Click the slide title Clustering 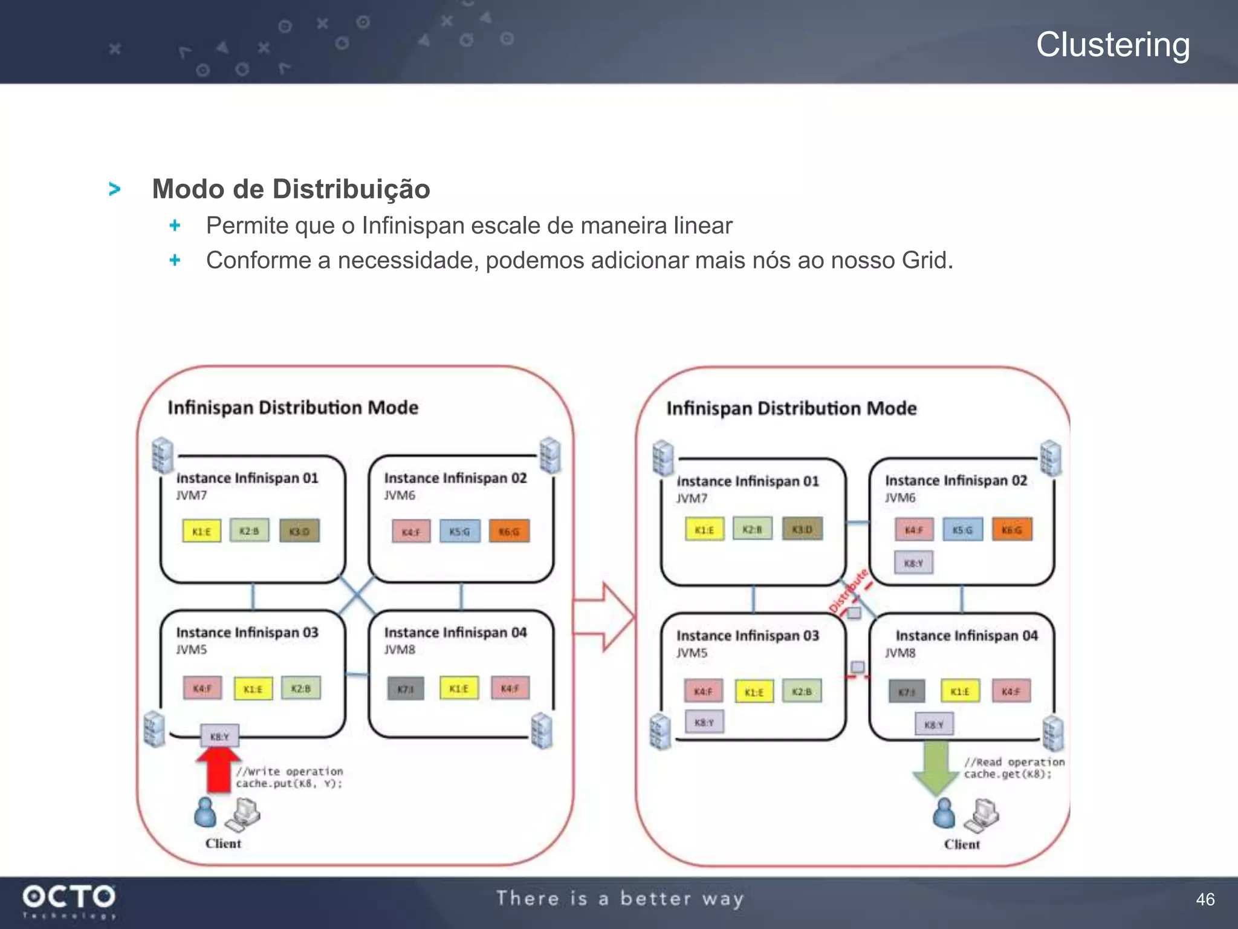coord(1113,45)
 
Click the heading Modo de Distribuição coord(291,189)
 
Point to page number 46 coord(1205,899)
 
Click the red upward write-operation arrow coord(218,770)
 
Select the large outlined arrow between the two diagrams coord(604,617)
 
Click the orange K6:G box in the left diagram coord(509,532)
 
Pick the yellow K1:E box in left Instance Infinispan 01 coord(201,532)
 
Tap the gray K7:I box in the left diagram coord(406,689)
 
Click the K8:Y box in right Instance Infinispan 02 coord(913,563)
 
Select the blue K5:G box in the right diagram coord(962,530)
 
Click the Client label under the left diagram coord(223,843)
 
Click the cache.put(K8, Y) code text coord(289,784)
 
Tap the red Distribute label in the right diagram coord(849,590)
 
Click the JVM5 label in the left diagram coord(192,650)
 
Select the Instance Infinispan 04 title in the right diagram coord(967,636)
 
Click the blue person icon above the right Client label coord(944,813)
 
